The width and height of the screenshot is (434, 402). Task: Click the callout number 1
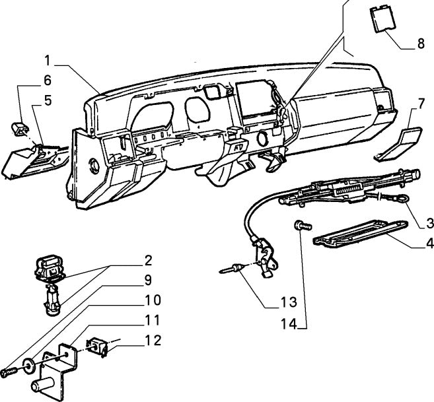coord(48,60)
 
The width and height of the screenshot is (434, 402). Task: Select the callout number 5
coord(47,101)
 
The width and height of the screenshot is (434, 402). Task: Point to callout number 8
coord(420,46)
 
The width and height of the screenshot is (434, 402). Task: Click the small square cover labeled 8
coord(380,17)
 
